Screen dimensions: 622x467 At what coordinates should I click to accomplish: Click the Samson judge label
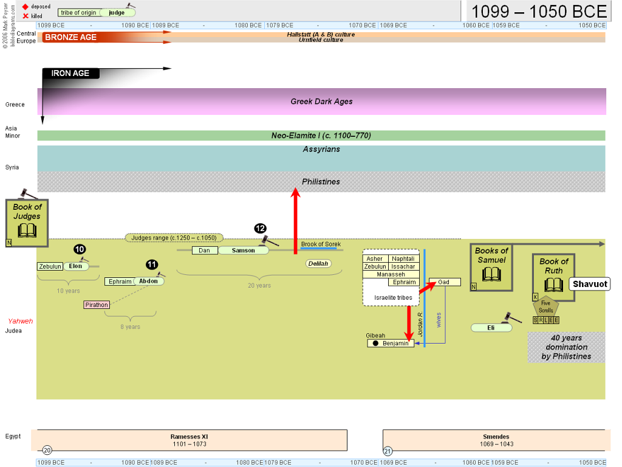(244, 251)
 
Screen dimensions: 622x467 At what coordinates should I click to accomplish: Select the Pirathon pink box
(97, 305)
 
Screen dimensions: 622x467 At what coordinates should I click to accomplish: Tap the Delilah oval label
(318, 264)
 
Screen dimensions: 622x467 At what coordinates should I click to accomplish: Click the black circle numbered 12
(260, 229)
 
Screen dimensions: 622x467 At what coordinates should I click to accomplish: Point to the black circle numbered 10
(80, 249)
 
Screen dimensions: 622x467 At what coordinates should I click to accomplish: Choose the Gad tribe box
(445, 282)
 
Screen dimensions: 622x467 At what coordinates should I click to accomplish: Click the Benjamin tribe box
(391, 344)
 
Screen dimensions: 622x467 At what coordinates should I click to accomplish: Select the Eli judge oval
(491, 328)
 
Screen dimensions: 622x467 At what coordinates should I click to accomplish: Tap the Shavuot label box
(590, 284)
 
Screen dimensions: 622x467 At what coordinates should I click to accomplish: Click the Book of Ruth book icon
(553, 285)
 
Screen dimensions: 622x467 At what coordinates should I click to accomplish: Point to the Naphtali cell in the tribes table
(403, 259)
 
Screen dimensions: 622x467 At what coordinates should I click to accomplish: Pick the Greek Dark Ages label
(322, 102)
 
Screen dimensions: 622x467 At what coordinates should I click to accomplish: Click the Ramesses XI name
(190, 437)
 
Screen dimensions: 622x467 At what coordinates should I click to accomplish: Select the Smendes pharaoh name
(496, 437)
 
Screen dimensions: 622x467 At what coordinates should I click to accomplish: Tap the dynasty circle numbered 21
(388, 451)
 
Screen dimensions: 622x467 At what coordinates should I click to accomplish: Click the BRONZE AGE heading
(70, 37)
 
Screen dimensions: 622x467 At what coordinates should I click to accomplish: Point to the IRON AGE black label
(70, 74)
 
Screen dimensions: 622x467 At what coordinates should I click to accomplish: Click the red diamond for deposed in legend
(26, 7)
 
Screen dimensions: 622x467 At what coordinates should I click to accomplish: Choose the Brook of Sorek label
(321, 244)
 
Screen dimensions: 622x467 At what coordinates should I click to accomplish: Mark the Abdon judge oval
(149, 281)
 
